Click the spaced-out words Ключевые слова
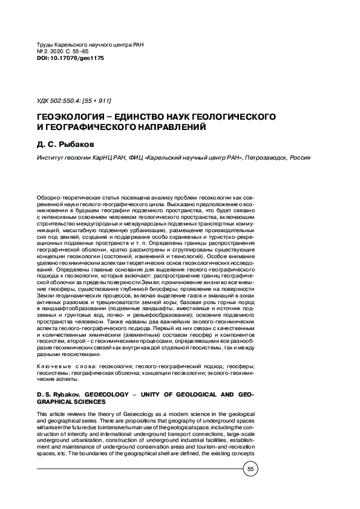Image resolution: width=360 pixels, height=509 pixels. tap(63, 367)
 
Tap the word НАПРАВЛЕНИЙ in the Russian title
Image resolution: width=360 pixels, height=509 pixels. tap(166, 128)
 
